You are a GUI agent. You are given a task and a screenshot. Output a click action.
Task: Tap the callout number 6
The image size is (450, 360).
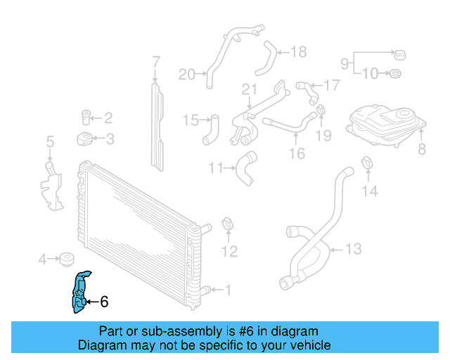(104, 302)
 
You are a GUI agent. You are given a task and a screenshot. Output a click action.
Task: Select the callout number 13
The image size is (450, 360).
(354, 248)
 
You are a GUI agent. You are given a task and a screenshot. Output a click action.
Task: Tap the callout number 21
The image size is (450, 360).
(247, 89)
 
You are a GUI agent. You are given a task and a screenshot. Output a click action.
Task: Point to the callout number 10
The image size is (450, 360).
(371, 72)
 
